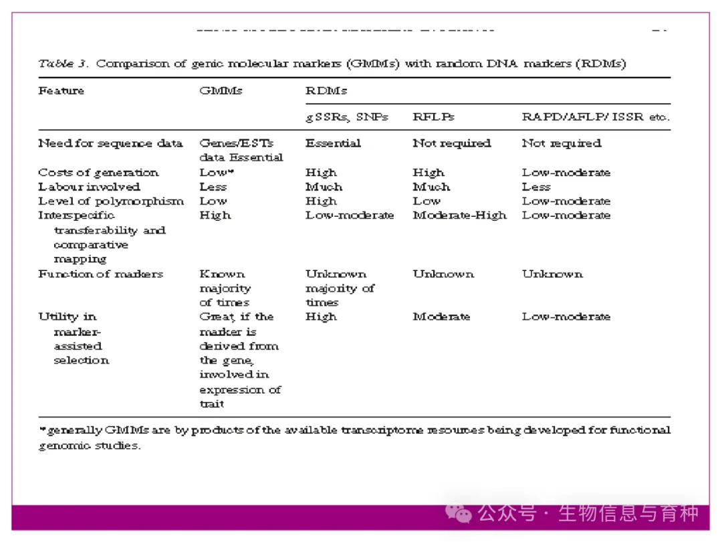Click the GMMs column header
(x=221, y=90)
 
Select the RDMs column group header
(x=326, y=90)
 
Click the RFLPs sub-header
(x=433, y=116)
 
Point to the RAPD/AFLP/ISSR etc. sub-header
(x=595, y=116)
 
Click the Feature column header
(x=62, y=90)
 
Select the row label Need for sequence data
(x=110, y=143)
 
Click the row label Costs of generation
(x=98, y=173)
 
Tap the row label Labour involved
(x=89, y=187)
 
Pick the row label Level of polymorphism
(x=110, y=201)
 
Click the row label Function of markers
(x=100, y=274)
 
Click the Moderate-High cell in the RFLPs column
(x=459, y=215)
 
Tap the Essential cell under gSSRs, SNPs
(x=333, y=143)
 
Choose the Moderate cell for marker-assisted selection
(x=441, y=317)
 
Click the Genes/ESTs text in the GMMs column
(x=236, y=143)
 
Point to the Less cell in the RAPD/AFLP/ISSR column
(x=536, y=187)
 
